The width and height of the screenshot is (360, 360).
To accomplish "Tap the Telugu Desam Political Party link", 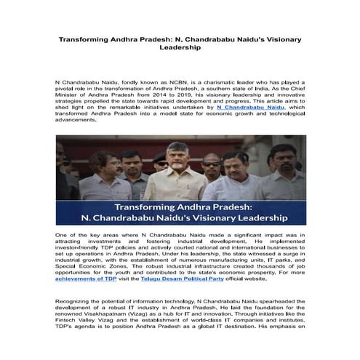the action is point(199,279).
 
